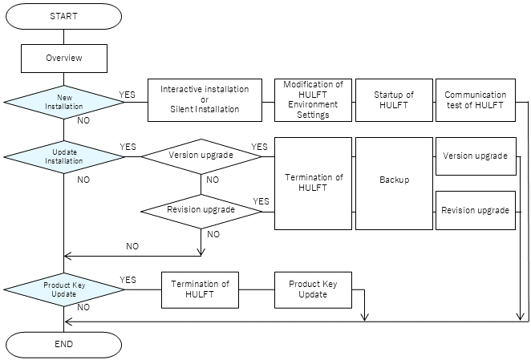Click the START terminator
point(63,16)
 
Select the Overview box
point(63,58)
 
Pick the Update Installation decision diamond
point(63,156)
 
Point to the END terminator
point(63,344)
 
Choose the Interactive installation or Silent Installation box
point(205,99)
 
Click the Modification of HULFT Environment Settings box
point(313,99)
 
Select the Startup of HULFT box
point(393,99)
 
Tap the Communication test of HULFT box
point(475,99)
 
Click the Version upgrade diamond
point(201,156)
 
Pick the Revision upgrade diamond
point(201,210)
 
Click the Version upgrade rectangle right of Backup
point(475,156)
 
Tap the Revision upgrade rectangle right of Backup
point(475,210)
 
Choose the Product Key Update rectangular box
point(313,289)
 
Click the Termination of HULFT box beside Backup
point(313,183)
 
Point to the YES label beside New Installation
point(128,94)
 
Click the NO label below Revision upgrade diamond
point(213,234)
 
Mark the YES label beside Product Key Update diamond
point(128,280)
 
